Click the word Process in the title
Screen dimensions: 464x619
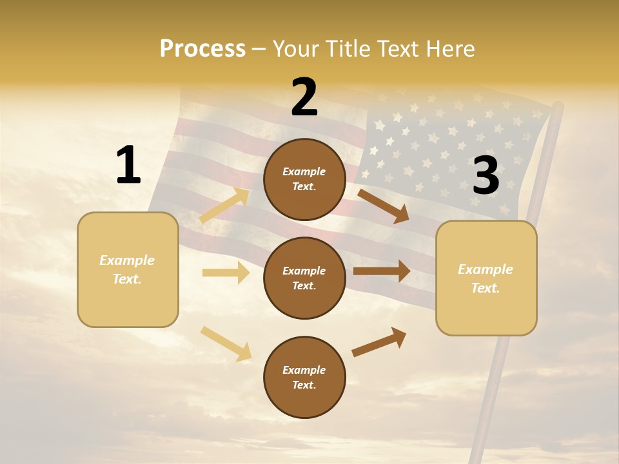coord(202,48)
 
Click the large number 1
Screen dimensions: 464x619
coord(128,165)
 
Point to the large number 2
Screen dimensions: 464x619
coord(304,97)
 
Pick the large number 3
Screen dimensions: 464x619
coord(486,175)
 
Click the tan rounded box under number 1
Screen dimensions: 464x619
coord(128,269)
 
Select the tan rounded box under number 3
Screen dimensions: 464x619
coord(486,278)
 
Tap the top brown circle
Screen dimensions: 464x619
coord(304,179)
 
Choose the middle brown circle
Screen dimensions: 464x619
coord(304,278)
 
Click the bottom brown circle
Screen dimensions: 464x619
coord(304,377)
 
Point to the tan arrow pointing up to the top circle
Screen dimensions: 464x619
coord(224,206)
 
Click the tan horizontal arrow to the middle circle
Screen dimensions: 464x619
coord(226,273)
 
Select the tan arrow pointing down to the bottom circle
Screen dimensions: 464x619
coord(226,343)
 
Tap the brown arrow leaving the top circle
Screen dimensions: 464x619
coord(384,206)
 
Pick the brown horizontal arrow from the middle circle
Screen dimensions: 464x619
coord(382,271)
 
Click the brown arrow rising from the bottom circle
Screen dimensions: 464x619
coord(379,342)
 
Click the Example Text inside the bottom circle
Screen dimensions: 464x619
coord(304,377)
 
